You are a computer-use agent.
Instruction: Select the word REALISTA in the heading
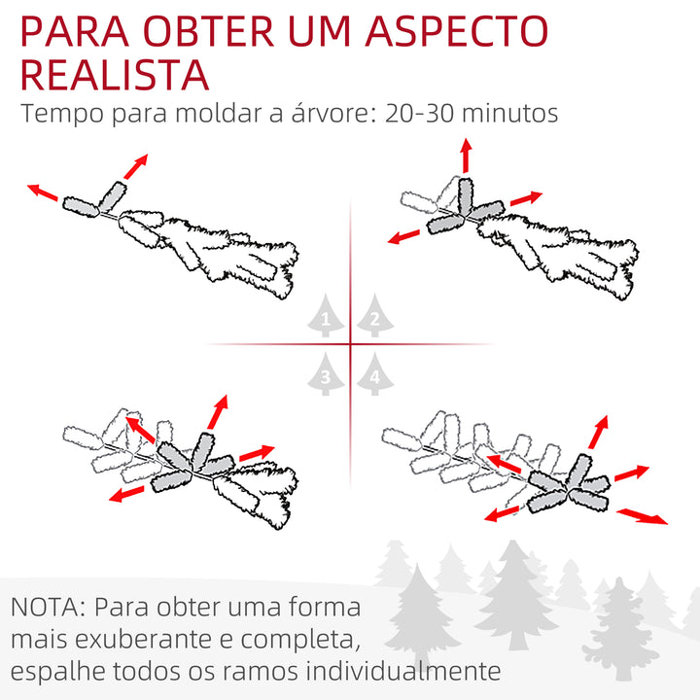coord(114,75)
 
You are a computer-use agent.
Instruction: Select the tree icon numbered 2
coord(374,317)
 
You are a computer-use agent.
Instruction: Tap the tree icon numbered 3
coord(328,374)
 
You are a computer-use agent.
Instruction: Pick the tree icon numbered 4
coord(374,374)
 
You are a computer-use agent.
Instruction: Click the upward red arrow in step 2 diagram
coord(466,155)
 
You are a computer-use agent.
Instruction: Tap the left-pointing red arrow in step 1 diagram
coord(42,192)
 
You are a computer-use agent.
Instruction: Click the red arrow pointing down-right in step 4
coord(644,515)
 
